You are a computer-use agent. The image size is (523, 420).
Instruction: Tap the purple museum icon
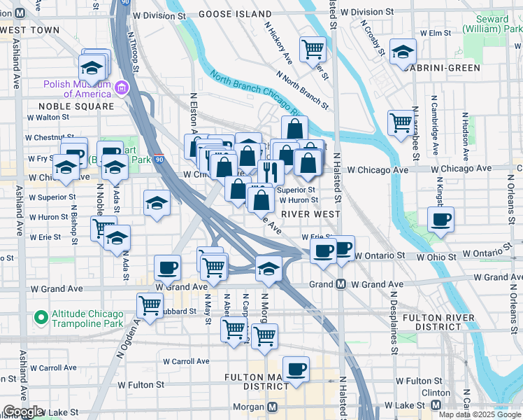click(x=122, y=88)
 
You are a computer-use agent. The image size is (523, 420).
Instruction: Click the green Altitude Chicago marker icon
click(x=41, y=318)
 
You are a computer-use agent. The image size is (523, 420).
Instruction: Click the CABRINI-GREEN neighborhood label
click(x=445, y=68)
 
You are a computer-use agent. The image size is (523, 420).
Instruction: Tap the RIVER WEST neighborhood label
click(x=310, y=214)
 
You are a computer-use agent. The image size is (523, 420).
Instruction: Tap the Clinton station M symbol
click(x=436, y=405)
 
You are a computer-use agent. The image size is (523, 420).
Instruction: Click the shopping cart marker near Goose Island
click(x=313, y=49)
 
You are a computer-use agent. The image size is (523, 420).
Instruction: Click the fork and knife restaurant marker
click(x=270, y=171)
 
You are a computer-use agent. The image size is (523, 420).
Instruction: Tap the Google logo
click(x=23, y=412)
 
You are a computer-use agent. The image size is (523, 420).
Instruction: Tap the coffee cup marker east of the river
click(x=441, y=220)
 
